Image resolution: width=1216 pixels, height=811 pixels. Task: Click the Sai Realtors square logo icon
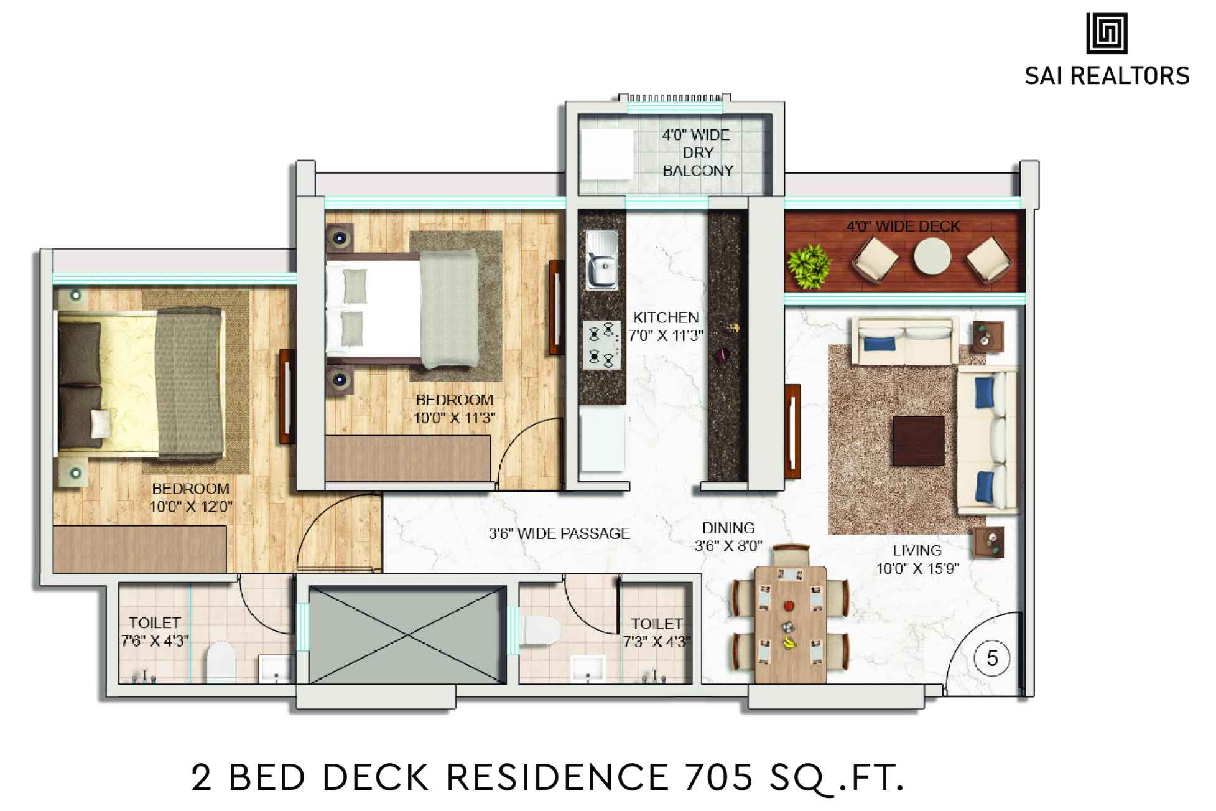(1107, 34)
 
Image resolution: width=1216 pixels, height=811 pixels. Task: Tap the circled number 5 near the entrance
(992, 658)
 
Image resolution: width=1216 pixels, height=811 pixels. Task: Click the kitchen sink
(601, 260)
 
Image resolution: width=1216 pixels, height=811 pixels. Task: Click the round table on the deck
(931, 256)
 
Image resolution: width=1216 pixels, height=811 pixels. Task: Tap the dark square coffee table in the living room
(918, 441)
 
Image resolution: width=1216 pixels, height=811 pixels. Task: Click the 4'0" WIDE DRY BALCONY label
(697, 152)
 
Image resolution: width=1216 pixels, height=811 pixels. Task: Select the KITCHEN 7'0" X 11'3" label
(666, 327)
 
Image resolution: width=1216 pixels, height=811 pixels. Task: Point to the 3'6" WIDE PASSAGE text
(559, 533)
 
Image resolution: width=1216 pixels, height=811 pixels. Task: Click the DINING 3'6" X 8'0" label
(728, 537)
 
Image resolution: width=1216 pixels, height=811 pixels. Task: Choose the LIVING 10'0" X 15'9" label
(917, 559)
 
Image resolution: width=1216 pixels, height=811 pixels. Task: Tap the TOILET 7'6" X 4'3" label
(155, 632)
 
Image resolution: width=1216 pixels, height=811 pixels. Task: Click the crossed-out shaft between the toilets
(407, 634)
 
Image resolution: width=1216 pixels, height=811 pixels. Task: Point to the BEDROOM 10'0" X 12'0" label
(191, 497)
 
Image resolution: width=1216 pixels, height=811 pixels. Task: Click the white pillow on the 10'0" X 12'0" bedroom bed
(100, 424)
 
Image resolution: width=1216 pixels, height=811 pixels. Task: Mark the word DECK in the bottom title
(376, 777)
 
